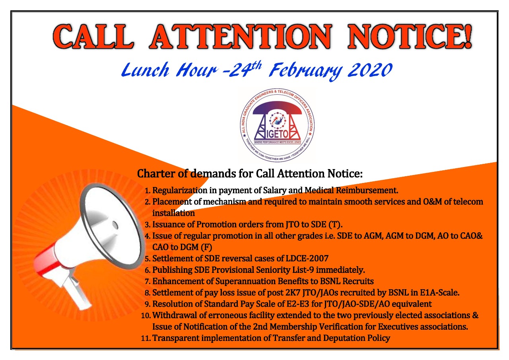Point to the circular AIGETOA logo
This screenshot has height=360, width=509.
tap(277, 125)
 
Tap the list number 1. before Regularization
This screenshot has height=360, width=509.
tap(148, 191)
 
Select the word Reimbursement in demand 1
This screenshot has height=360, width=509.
tap(367, 190)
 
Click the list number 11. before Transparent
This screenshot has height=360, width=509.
tap(146, 339)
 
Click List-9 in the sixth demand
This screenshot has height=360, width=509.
tap(301, 270)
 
